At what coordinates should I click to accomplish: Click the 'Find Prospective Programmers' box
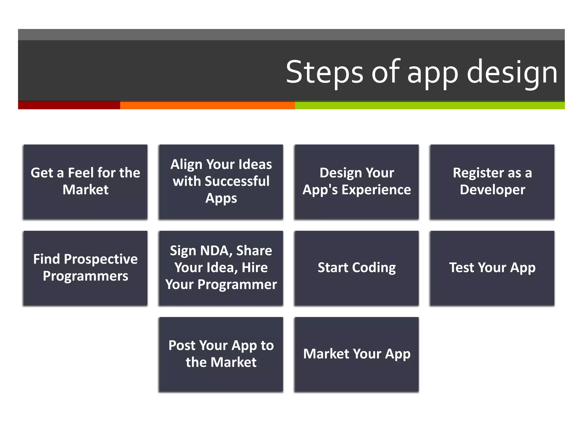[x=85, y=268]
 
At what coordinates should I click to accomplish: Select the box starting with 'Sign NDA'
[x=221, y=268]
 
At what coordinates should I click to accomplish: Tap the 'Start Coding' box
[x=357, y=268]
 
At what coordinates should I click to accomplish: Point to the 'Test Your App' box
[x=492, y=268]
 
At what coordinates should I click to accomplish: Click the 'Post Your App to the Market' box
[x=221, y=354]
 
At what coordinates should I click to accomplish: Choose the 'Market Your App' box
[x=357, y=354]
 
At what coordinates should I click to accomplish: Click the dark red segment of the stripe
[x=69, y=105]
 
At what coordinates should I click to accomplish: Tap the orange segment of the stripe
[x=207, y=105]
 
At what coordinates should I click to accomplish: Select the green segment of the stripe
[x=430, y=105]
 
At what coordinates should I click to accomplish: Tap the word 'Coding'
[x=374, y=268]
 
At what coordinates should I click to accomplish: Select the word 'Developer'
[x=492, y=190]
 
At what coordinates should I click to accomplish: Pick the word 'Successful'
[x=237, y=182]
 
